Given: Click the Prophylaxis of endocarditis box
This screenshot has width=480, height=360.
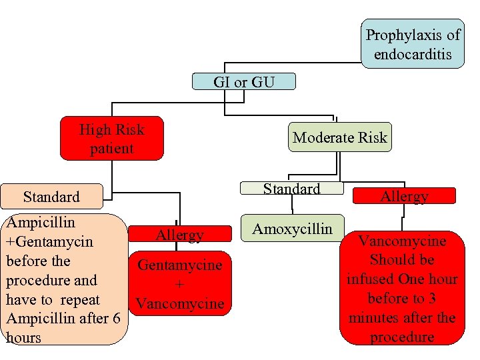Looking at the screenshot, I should [x=413, y=44].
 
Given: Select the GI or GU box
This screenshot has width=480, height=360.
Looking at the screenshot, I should [x=243, y=82].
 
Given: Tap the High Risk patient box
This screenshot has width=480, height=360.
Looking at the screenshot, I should [x=111, y=139].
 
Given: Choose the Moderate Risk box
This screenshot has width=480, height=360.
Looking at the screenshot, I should [x=340, y=137].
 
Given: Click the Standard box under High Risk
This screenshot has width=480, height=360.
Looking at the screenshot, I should [x=51, y=197].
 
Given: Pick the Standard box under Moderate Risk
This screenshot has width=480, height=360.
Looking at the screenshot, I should [x=291, y=189].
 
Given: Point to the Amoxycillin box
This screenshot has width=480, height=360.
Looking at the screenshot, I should [x=292, y=229].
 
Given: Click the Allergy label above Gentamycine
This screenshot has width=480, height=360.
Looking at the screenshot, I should [x=179, y=235].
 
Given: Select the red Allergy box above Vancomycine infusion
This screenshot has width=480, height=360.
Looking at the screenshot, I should [x=404, y=196].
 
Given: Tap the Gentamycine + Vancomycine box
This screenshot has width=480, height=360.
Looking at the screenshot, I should [x=179, y=284].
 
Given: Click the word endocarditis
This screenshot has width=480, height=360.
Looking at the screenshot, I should [x=413, y=54].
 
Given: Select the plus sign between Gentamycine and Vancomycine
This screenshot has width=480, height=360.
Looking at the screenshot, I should [x=179, y=285].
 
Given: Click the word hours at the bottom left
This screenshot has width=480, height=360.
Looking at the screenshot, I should [x=23, y=338].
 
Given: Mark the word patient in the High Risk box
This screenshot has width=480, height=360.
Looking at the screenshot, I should [x=111, y=149].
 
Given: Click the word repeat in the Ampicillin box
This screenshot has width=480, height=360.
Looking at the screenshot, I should [x=80, y=299].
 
